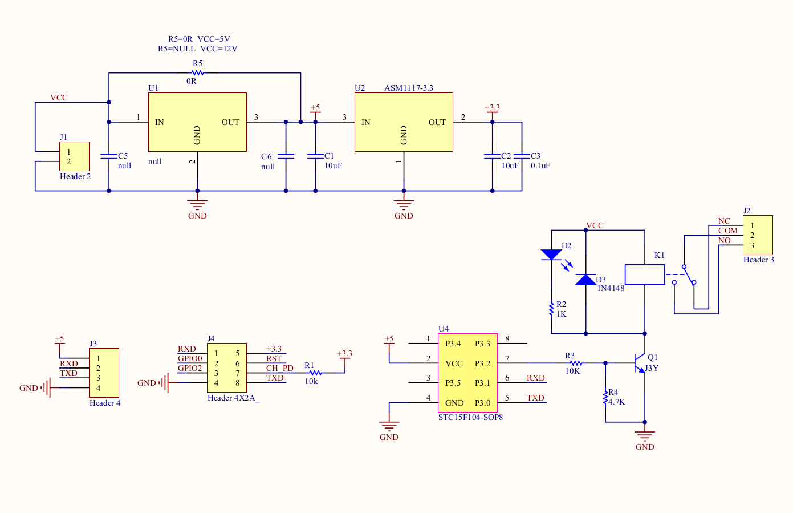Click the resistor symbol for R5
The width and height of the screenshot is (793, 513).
tap(197, 73)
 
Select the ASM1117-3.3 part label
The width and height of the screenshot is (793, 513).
tap(408, 88)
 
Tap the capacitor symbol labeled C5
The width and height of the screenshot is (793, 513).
tap(109, 156)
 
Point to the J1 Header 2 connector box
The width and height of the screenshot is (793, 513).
tap(75, 156)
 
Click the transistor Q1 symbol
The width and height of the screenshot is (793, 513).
tap(640, 363)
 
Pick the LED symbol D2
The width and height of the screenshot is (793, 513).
tap(551, 255)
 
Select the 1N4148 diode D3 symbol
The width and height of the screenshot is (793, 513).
tap(585, 280)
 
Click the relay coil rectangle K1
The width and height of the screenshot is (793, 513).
tap(645, 274)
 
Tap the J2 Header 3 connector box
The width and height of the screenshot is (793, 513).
tap(758, 235)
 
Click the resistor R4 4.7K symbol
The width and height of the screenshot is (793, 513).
tap(605, 398)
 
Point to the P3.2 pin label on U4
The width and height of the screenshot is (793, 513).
tap(482, 363)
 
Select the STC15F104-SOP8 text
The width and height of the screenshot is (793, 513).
tap(470, 417)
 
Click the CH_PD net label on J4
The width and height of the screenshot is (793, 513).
tap(279, 368)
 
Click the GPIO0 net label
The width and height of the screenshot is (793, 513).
tap(190, 358)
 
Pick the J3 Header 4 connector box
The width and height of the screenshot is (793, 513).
tap(104, 373)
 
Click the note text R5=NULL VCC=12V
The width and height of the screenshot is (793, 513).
tap(197, 49)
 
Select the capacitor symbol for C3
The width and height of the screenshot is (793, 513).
tap(522, 156)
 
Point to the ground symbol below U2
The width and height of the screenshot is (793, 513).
tap(404, 204)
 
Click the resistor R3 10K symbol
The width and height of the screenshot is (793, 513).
tap(576, 363)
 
